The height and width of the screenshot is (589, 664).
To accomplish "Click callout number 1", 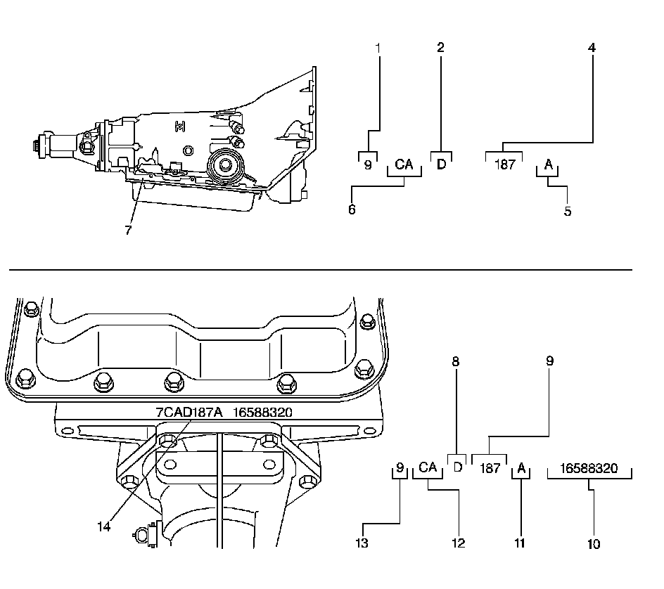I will pyautogui.click(x=378, y=48).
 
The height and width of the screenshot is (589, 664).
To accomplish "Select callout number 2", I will pyautogui.click(x=440, y=48).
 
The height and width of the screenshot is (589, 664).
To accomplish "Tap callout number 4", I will pyautogui.click(x=592, y=48).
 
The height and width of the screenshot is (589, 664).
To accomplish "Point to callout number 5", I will pyautogui.click(x=567, y=210).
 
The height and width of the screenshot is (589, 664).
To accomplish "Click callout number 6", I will pyautogui.click(x=352, y=210).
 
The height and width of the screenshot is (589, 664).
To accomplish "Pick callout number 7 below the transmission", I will pyautogui.click(x=128, y=230).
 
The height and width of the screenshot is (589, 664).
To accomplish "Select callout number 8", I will pyautogui.click(x=456, y=361).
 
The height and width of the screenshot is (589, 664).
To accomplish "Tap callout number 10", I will pyautogui.click(x=594, y=543).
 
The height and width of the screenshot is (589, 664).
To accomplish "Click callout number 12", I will pyautogui.click(x=458, y=543).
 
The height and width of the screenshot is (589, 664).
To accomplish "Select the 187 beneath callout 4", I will pyautogui.click(x=505, y=165).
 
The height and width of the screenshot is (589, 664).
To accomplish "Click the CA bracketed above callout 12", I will pyautogui.click(x=428, y=467).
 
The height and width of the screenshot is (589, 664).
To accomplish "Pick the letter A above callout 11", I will pyautogui.click(x=521, y=467).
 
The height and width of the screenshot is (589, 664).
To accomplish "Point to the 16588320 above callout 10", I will pyautogui.click(x=589, y=467).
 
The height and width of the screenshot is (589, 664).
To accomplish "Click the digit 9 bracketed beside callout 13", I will pyautogui.click(x=400, y=467).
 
